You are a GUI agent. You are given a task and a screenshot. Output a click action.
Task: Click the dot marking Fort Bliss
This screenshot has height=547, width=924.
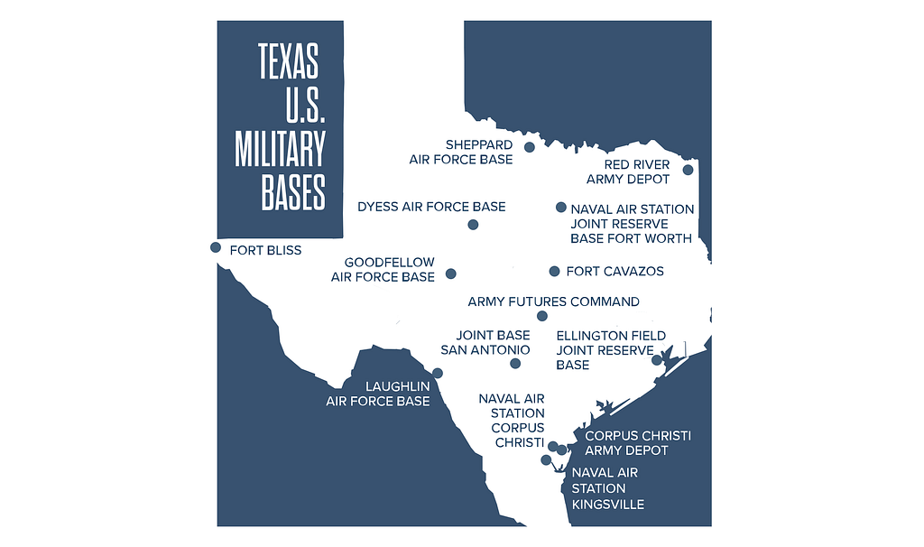pyautogui.click(x=216, y=247)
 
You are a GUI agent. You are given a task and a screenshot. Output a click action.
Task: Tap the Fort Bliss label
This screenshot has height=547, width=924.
pyautogui.click(x=265, y=250)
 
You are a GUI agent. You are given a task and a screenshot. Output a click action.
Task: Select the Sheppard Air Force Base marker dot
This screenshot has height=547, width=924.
pyautogui.click(x=530, y=147)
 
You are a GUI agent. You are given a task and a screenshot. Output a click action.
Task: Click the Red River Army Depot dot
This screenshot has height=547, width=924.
pyautogui.click(x=688, y=170)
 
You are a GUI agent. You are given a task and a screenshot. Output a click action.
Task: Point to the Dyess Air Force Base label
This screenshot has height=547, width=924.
pyautogui.click(x=431, y=207)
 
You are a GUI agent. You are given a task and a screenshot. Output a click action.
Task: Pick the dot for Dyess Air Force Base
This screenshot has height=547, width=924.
pyautogui.click(x=473, y=225)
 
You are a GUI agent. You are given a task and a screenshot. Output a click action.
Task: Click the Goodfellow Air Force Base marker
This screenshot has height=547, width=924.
pyautogui.click(x=451, y=273)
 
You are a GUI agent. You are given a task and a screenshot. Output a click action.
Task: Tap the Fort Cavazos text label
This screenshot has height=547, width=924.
pyautogui.click(x=614, y=272)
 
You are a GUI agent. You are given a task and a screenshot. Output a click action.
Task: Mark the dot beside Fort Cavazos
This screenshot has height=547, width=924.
pyautogui.click(x=554, y=271)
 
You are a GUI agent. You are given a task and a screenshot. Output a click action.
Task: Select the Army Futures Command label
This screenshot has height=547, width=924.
pyautogui.click(x=553, y=301)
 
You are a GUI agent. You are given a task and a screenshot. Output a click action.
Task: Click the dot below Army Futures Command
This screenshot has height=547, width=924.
pyautogui.click(x=542, y=316)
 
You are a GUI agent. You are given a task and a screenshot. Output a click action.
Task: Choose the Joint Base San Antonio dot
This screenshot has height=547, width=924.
pyautogui.click(x=515, y=364)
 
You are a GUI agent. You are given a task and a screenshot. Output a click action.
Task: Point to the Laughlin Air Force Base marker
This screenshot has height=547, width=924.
pyautogui.click(x=438, y=373)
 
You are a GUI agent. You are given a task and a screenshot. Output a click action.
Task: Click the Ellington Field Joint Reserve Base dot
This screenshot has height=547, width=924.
pyautogui.click(x=657, y=360)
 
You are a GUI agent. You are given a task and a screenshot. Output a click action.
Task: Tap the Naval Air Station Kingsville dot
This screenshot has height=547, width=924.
pyautogui.click(x=546, y=459)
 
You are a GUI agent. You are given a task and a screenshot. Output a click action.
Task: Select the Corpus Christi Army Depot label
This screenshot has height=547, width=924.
pyautogui.click(x=638, y=442)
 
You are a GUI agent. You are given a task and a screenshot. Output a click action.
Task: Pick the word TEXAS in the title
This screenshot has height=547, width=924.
pyautogui.click(x=289, y=61)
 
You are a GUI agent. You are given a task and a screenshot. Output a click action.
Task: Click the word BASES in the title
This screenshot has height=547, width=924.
pyautogui.click(x=293, y=191)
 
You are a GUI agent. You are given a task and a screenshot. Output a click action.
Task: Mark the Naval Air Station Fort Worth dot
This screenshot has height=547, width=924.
pyautogui.click(x=560, y=207)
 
